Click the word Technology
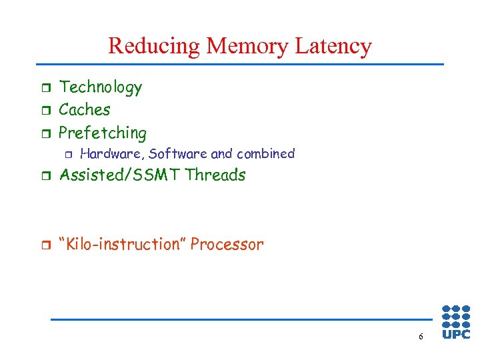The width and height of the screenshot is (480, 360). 101,87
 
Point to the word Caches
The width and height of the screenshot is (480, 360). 85,109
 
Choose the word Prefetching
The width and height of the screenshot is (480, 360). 103,133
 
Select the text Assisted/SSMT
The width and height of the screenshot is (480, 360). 121,175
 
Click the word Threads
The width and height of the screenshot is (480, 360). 215,175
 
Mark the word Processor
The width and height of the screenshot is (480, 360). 227,245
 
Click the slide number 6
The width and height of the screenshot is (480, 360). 421,337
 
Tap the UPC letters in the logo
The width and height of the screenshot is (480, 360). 456,334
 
